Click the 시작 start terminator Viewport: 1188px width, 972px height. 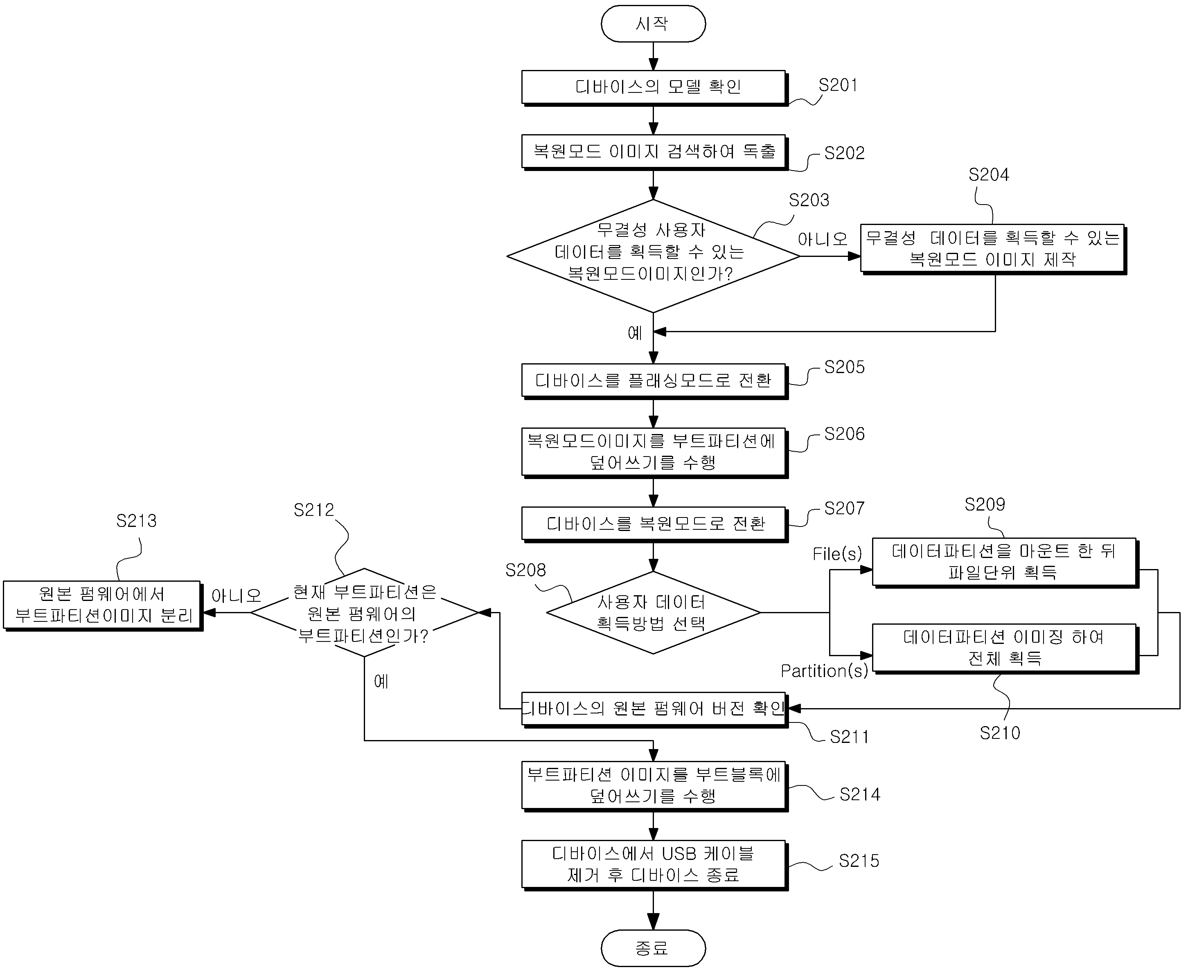pos(653,23)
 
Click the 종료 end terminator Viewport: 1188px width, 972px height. pos(653,948)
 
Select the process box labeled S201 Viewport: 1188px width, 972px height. pos(654,88)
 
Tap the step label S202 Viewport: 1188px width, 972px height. pos(844,153)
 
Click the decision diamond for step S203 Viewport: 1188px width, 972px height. pos(653,256)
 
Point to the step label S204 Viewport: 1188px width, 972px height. pos(989,175)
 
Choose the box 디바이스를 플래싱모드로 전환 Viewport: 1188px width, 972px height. pos(654,381)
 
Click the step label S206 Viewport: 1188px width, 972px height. pos(844,434)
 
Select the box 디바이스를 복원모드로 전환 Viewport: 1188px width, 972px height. pos(654,524)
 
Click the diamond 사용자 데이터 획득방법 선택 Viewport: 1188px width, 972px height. pos(653,612)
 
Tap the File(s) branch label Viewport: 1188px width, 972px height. pos(837,554)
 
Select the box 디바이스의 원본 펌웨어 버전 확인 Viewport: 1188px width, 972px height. pos(654,710)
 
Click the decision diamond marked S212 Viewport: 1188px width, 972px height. pos(364,612)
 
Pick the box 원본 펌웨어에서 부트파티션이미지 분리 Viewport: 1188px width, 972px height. pos(102,606)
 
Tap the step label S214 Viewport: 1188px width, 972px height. pos(860,794)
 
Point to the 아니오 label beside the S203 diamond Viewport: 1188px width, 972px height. pos(822,239)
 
